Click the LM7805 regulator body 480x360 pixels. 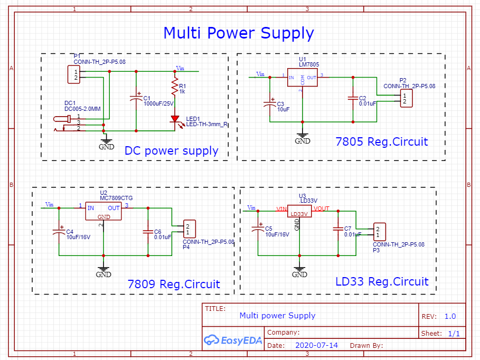pos(302,77)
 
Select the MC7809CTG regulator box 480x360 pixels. pos(103,212)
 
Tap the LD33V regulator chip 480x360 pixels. pos(299,211)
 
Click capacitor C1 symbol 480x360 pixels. pos(136,98)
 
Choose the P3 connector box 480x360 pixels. pos(379,231)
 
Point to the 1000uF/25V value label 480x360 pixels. pos(158,103)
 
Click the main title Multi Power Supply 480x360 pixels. pos(239,33)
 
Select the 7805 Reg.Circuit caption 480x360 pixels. pos(381,141)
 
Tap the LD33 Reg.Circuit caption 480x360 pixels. pos(382,281)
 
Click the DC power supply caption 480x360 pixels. pos(171,150)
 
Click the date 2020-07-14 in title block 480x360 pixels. pos(316,345)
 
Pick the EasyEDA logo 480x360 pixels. pos(233,339)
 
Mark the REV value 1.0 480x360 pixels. pos(450,316)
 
